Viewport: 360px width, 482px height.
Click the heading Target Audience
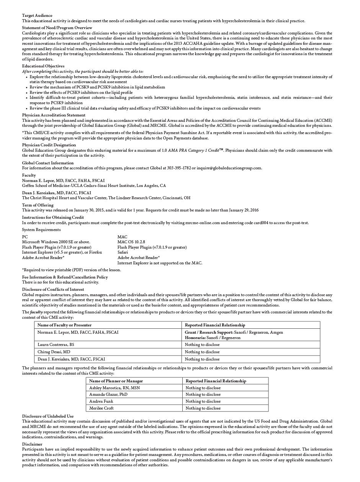click(x=37, y=15)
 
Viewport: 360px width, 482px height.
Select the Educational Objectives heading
click(x=43, y=66)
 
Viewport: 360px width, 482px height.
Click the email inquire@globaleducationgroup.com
click(x=229, y=168)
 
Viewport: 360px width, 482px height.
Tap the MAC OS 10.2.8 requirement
click(x=131, y=242)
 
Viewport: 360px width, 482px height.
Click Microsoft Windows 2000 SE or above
click(x=56, y=242)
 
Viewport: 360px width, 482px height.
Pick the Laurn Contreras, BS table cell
click(x=56, y=345)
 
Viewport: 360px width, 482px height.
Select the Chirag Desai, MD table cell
click(x=54, y=352)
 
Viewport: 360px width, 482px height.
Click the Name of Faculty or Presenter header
click(x=64, y=325)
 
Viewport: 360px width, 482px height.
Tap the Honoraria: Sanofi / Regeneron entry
click(x=213, y=338)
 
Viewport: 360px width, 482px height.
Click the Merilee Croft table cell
click(x=101, y=408)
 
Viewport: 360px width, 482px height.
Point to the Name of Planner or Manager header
click(x=116, y=381)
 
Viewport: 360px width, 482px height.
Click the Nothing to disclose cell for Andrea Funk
click(x=203, y=401)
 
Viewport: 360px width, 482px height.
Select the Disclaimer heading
click(x=32, y=444)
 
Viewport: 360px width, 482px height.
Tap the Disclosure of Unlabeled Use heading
click(x=47, y=416)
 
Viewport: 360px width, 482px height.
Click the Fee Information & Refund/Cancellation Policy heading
click(x=65, y=277)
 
